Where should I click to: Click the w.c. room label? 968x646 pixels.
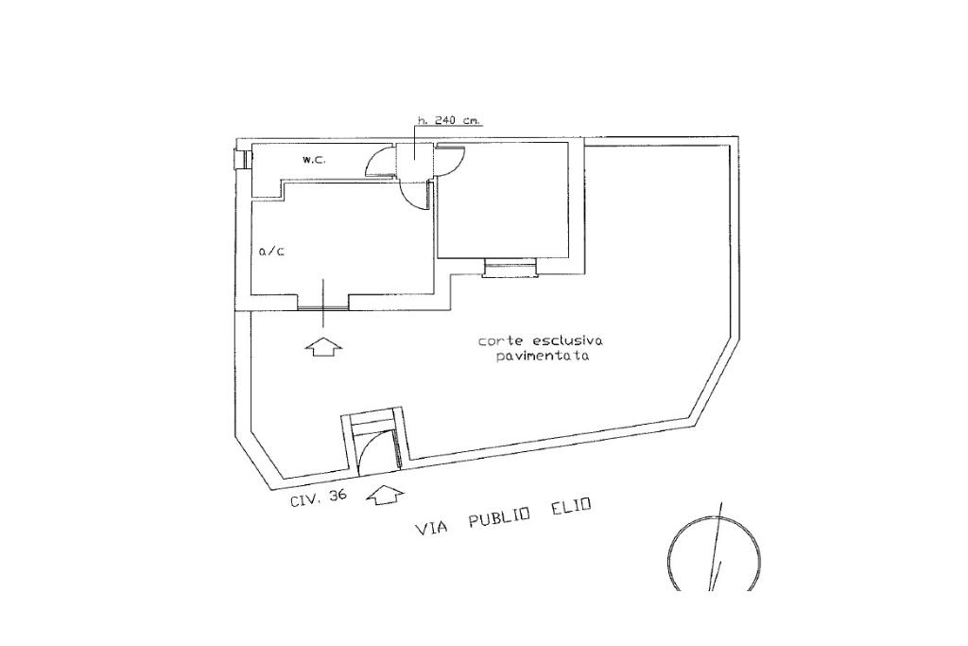click(x=314, y=160)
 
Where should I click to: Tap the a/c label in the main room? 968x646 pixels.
click(x=271, y=253)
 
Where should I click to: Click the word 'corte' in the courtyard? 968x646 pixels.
click(x=498, y=341)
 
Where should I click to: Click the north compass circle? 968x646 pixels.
click(x=714, y=558)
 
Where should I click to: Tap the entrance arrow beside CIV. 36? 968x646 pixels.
click(x=384, y=494)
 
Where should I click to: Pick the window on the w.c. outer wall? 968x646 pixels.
click(x=243, y=159)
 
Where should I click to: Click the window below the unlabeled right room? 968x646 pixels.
click(x=510, y=271)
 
